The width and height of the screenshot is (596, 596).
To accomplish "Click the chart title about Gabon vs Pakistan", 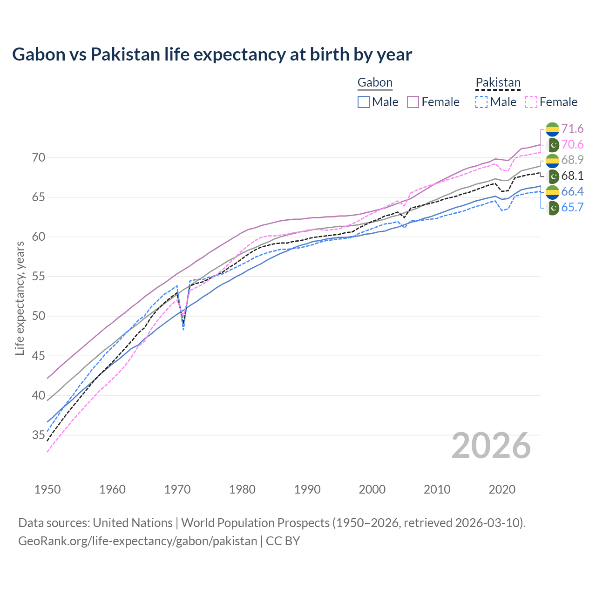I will [212, 54].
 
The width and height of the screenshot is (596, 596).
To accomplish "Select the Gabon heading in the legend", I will [375, 83].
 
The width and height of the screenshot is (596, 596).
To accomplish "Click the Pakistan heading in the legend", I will [498, 83].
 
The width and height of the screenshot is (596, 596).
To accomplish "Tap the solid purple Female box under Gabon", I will [413, 102].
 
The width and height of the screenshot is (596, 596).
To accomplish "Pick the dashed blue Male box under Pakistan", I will [481, 102].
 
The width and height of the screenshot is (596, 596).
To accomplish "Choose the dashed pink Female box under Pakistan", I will [531, 102].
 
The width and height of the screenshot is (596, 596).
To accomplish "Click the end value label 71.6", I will [572, 129].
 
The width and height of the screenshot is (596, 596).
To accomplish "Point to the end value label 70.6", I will [572, 145].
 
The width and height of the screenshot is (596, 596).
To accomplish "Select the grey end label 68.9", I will [572, 160].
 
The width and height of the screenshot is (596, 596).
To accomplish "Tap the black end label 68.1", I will [572, 176].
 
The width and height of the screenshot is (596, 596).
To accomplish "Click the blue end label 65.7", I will [572, 208].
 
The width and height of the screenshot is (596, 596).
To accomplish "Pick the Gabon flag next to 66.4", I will [552, 192].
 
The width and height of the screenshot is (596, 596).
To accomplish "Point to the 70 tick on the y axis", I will [39, 158].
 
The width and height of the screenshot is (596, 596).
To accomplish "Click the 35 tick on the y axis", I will [39, 435].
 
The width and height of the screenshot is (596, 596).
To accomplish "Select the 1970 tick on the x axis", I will [177, 489].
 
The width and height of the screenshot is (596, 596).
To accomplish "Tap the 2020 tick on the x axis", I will [502, 489].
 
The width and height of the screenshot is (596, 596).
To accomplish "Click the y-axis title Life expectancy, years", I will [20, 298].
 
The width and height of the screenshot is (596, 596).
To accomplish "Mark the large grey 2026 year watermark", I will [491, 446].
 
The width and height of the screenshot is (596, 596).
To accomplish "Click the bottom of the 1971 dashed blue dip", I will [184, 330].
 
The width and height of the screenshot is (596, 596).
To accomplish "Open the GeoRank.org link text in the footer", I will [137, 541].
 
